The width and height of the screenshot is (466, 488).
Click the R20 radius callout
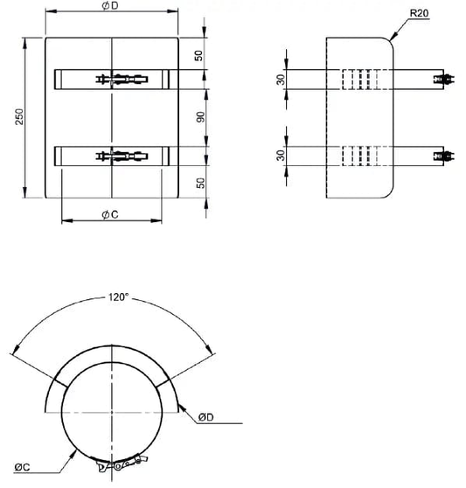(x=419, y=13)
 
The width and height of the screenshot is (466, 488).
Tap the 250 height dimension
(x=19, y=116)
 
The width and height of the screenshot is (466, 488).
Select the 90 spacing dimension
(x=200, y=117)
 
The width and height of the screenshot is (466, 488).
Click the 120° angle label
(x=118, y=297)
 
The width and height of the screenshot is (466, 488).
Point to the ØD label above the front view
(x=110, y=6)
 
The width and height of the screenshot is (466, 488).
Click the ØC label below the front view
(x=110, y=214)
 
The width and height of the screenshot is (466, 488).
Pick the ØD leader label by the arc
(x=206, y=417)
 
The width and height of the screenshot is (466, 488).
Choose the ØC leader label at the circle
(x=22, y=467)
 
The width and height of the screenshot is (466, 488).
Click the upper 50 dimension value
(x=198, y=56)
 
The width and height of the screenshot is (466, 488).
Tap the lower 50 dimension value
(x=201, y=183)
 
